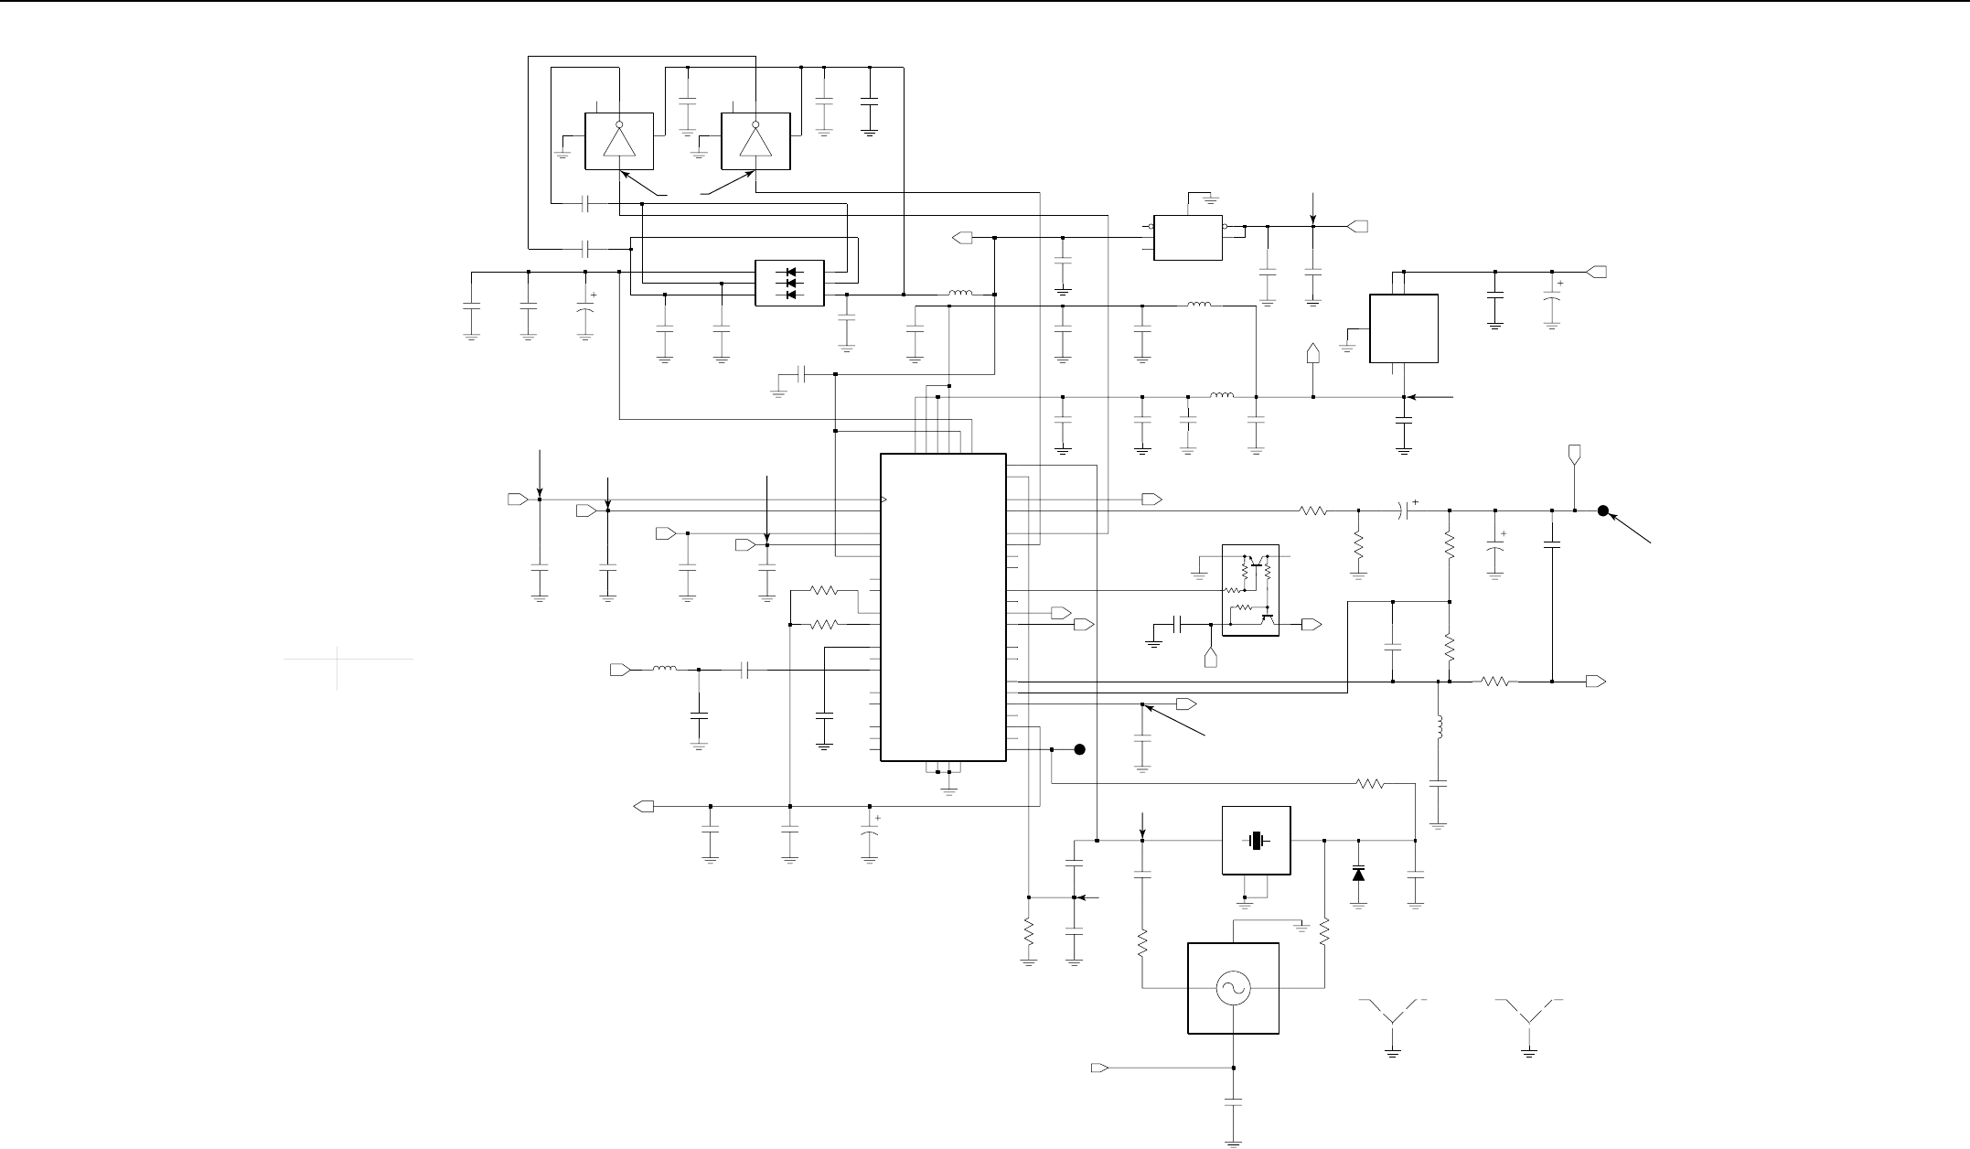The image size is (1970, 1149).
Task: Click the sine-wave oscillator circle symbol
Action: (x=1233, y=988)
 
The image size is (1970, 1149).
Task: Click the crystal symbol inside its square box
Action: (x=1257, y=841)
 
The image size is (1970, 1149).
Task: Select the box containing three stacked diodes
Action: (x=789, y=284)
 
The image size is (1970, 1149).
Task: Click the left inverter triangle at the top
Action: (x=619, y=142)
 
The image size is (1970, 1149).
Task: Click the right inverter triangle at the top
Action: (x=755, y=142)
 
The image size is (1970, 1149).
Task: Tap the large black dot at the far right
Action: (x=1602, y=511)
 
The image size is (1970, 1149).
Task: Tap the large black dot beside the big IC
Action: (x=1079, y=750)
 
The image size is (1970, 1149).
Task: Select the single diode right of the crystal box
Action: (x=1358, y=874)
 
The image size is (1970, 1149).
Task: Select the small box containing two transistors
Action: (x=1250, y=590)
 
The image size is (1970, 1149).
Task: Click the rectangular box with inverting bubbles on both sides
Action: (x=1188, y=237)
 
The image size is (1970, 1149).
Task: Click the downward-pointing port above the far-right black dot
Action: (x=1575, y=454)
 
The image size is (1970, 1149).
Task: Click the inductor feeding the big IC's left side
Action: (x=665, y=670)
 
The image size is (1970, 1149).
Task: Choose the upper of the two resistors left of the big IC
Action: (x=824, y=591)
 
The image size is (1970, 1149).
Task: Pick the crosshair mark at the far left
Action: (x=337, y=659)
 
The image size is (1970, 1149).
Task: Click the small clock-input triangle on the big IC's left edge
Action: (x=883, y=500)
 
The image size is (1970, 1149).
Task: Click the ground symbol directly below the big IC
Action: (x=950, y=785)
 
